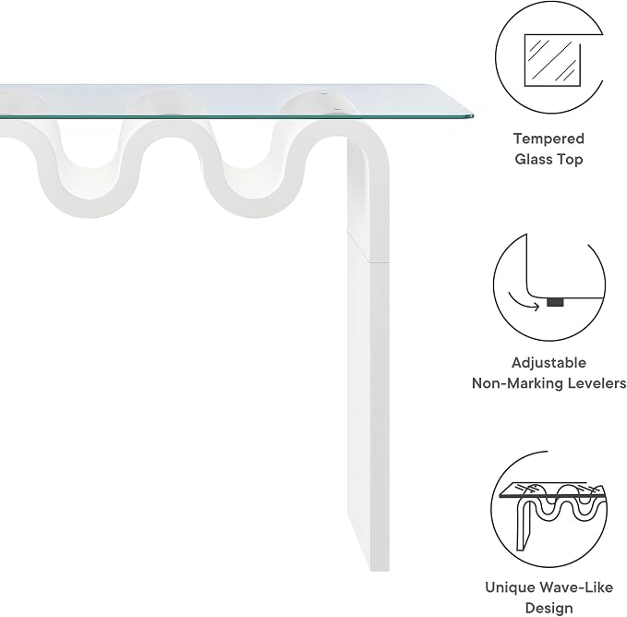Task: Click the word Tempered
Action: coord(549,139)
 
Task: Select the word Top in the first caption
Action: coord(570,160)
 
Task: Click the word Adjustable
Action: coord(549,363)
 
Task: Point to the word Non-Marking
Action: coord(515,383)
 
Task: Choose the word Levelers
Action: coord(595,383)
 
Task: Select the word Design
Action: coord(549,608)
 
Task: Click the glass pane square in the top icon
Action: coord(552,60)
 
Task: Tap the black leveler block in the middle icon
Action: coord(555,302)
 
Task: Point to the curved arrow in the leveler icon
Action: coord(523,302)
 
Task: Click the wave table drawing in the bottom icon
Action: coord(553,515)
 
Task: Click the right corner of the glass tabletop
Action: coord(473,116)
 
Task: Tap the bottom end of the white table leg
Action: coord(380,570)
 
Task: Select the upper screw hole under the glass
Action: coord(325,94)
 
